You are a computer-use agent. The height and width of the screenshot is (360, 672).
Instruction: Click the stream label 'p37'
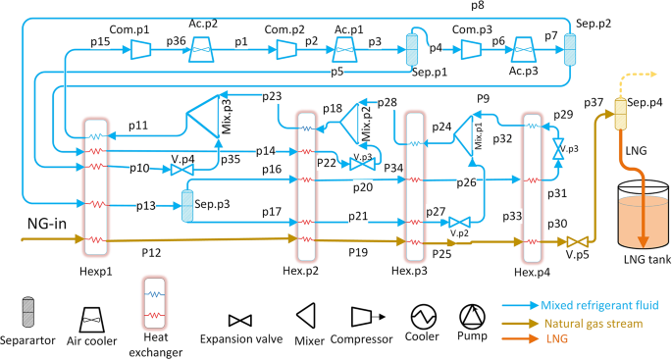coord(593,104)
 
